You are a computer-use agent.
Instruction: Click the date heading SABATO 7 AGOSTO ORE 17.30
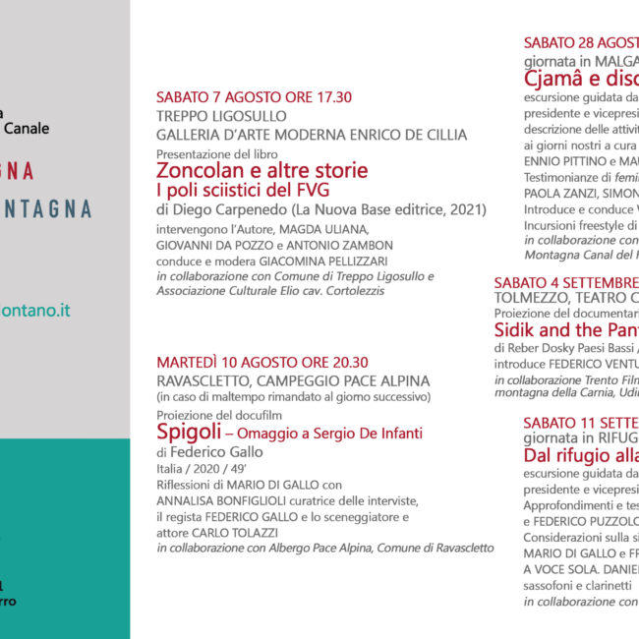pyautogui.click(x=254, y=97)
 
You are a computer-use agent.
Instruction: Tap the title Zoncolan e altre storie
pyautogui.click(x=261, y=170)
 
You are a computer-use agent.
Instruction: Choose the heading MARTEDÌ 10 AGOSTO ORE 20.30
pyautogui.click(x=262, y=363)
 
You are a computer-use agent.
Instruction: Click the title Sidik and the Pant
pyautogui.click(x=567, y=329)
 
